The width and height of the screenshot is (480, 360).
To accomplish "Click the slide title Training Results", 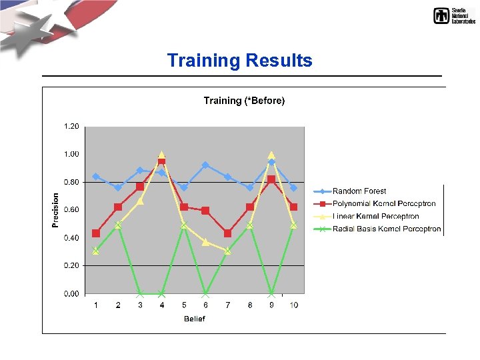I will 239,61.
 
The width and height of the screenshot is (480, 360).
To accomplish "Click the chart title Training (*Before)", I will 244,101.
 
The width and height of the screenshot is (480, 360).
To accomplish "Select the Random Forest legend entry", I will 359,191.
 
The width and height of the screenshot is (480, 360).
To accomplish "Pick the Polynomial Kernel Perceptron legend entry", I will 383,204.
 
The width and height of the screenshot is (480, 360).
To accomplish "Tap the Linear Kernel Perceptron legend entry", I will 375,217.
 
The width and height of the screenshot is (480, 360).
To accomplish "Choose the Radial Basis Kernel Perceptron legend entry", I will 386,229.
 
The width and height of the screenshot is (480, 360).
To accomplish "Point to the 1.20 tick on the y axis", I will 71,126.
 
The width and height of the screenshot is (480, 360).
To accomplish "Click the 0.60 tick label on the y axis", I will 71,210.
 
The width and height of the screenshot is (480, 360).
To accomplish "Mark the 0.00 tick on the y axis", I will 71,293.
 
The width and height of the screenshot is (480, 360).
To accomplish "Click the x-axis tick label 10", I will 293,305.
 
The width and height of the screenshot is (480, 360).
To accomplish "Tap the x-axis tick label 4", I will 161,305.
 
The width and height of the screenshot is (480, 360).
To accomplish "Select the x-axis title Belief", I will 195,319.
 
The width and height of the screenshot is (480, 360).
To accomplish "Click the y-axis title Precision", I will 55,210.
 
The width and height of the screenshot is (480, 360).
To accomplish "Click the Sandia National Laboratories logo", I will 454,16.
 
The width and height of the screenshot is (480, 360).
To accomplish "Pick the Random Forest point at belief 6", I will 205,165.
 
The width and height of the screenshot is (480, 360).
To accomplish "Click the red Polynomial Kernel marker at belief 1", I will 96,233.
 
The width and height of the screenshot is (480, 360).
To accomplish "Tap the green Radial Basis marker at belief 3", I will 140,293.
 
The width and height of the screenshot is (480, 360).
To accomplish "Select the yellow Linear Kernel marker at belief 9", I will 271,155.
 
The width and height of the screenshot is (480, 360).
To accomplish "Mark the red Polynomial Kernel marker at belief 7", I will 228,233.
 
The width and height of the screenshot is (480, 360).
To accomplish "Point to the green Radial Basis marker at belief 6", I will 205,293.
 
